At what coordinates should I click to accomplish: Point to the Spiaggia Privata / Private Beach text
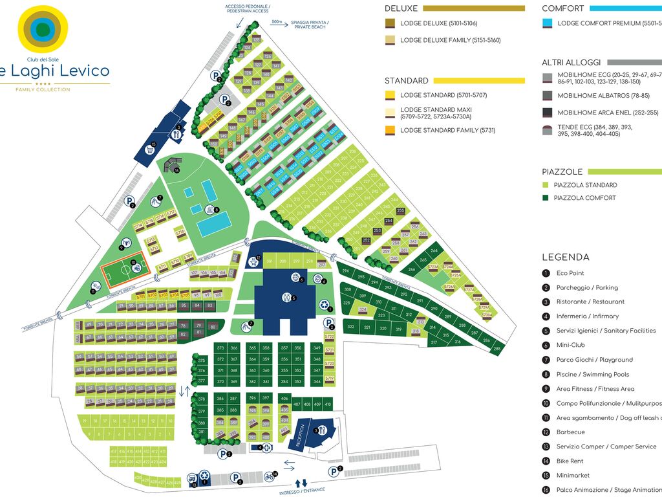click(x=310, y=25)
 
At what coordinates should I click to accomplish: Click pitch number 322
click(x=351, y=327)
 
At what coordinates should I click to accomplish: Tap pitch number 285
click(x=496, y=349)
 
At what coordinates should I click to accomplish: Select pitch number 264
click(x=434, y=250)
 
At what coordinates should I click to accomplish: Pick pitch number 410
click(x=327, y=404)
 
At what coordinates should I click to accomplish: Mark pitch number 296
click(x=346, y=271)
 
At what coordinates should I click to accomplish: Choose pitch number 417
click(x=114, y=451)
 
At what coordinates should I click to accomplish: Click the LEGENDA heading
click(x=566, y=257)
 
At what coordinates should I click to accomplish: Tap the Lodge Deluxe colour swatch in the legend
click(x=390, y=23)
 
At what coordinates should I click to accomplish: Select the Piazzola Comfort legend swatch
click(x=547, y=198)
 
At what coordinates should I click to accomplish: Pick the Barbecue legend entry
click(x=570, y=432)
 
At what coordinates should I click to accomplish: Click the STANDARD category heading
click(x=407, y=81)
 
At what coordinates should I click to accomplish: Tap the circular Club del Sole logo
click(x=43, y=28)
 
